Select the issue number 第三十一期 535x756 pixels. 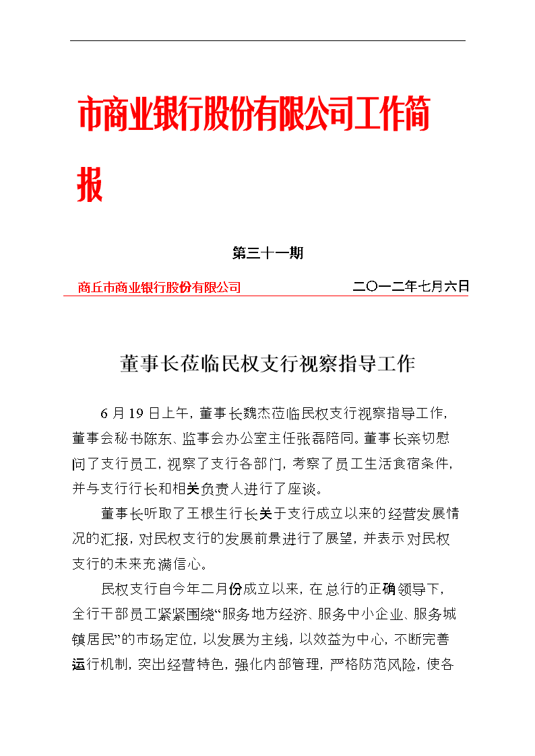267,253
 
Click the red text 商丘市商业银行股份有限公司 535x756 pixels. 159,287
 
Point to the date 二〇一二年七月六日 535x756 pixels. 410,286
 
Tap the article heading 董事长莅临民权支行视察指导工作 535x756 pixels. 267,364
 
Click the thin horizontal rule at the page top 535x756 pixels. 267,40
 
